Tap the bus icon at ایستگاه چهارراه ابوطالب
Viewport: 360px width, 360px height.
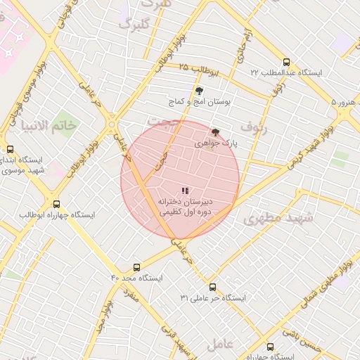(56, 205)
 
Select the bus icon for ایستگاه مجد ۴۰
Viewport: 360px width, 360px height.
(136, 267)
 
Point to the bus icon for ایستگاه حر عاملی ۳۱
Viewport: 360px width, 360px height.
(213, 287)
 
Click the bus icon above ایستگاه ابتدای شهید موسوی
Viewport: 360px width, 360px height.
(10, 149)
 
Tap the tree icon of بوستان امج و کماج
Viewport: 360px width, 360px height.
(199, 91)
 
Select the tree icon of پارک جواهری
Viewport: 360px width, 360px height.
(215, 132)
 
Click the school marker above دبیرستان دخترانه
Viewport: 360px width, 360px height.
(185, 191)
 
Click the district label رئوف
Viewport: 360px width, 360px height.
(254, 127)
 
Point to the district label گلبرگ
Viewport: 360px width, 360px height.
(134, 25)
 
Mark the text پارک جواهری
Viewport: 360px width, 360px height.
(218, 143)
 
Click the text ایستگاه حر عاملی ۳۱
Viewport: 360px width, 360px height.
(214, 298)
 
